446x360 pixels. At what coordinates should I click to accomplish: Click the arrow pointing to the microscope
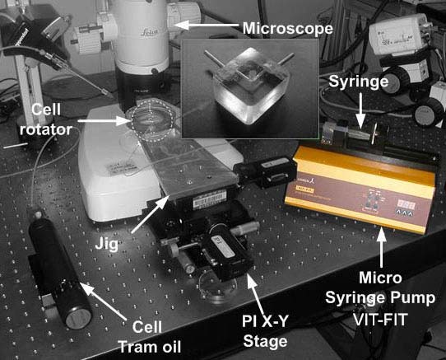(x=216, y=30)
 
